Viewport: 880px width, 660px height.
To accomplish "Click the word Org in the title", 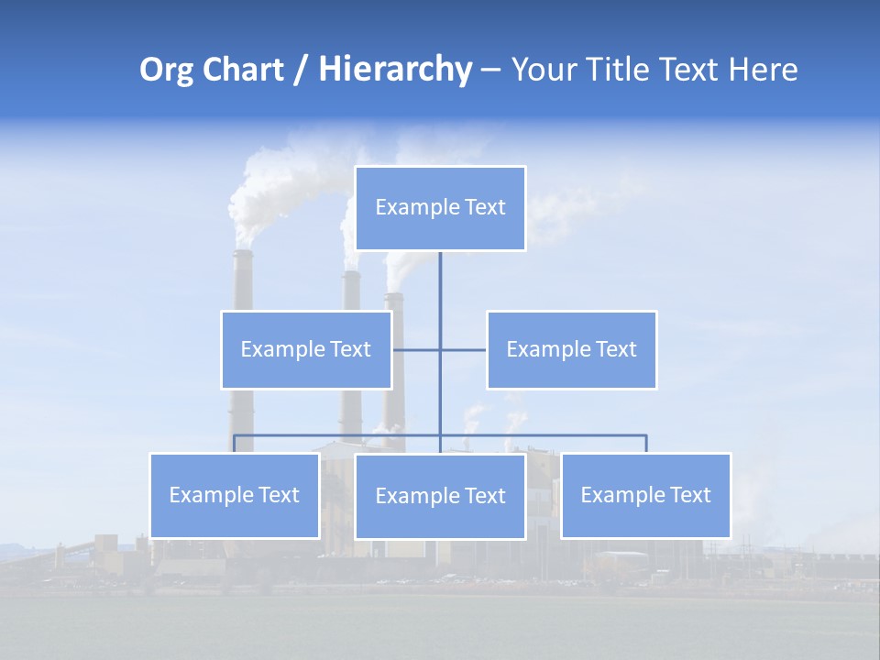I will (x=166, y=70).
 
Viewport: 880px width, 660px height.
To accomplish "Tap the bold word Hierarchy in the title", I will (x=395, y=70).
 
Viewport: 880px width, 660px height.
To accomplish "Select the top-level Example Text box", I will (x=440, y=208).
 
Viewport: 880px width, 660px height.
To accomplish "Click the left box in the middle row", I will (x=306, y=349).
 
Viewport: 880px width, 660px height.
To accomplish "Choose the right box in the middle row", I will (x=571, y=349).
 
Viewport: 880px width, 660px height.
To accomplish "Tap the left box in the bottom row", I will (x=235, y=495).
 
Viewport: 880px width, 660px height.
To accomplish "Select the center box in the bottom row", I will (x=440, y=496).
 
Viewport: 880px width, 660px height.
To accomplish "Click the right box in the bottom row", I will (x=645, y=495).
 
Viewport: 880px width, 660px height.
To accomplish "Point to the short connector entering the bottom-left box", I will (x=235, y=444).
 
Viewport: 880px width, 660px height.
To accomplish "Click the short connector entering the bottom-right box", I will (x=646, y=444).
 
